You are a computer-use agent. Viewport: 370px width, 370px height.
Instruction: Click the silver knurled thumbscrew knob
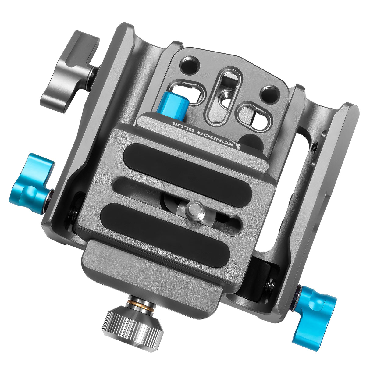[133, 324]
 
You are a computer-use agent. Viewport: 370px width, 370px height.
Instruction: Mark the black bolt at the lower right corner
[270, 285]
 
